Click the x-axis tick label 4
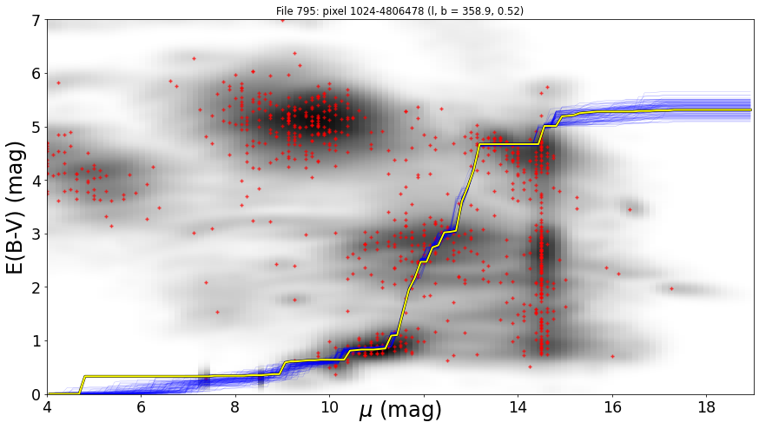click(x=48, y=407)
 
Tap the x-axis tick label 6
click(x=141, y=407)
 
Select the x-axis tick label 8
click(x=235, y=407)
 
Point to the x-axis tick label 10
click(x=330, y=407)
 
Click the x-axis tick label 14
click(x=518, y=407)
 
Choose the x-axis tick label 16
click(x=613, y=407)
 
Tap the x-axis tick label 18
click(x=707, y=407)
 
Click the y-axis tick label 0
click(x=36, y=395)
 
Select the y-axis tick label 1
click(x=36, y=341)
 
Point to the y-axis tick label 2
click(x=36, y=287)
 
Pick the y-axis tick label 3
click(x=36, y=234)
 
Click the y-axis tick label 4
click(x=36, y=181)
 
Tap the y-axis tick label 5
click(x=36, y=128)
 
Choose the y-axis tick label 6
click(x=36, y=74)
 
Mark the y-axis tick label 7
click(x=36, y=20)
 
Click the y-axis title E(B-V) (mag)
click(x=16, y=208)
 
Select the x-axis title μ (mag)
click(x=400, y=411)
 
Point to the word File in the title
click(x=283, y=10)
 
